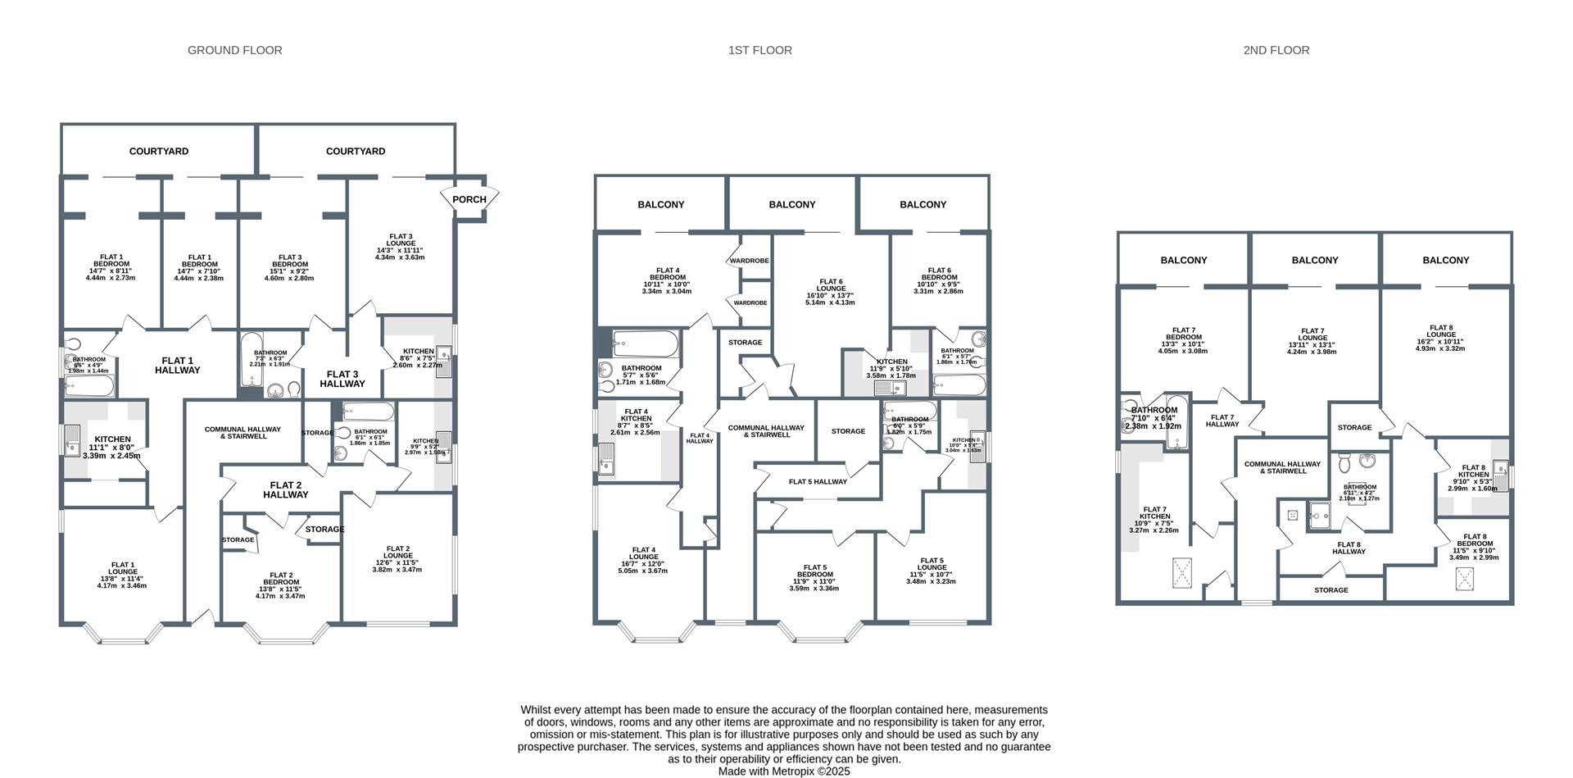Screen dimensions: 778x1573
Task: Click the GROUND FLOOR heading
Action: (x=235, y=50)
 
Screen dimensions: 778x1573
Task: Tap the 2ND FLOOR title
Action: (x=1276, y=50)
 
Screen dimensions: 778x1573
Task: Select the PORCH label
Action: (x=469, y=199)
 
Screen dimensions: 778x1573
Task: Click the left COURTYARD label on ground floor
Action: (x=159, y=152)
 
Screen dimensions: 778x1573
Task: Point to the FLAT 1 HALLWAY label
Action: (x=178, y=366)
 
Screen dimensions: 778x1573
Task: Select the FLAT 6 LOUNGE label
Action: (x=830, y=292)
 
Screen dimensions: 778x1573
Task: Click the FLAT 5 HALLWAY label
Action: (x=818, y=482)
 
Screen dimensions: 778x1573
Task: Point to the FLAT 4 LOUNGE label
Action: (x=643, y=560)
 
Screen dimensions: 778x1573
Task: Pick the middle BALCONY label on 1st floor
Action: (x=792, y=205)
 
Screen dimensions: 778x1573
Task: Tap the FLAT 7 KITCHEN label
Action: (x=1154, y=520)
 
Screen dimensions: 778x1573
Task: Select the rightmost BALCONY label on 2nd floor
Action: (x=1446, y=261)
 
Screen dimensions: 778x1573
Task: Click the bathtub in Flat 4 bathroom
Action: (x=646, y=344)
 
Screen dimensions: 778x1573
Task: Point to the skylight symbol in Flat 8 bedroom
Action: (x=1466, y=579)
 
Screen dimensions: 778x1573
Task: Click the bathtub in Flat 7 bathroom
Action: (x=1176, y=421)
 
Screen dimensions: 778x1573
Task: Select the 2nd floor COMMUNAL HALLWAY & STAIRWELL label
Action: (x=1282, y=467)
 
